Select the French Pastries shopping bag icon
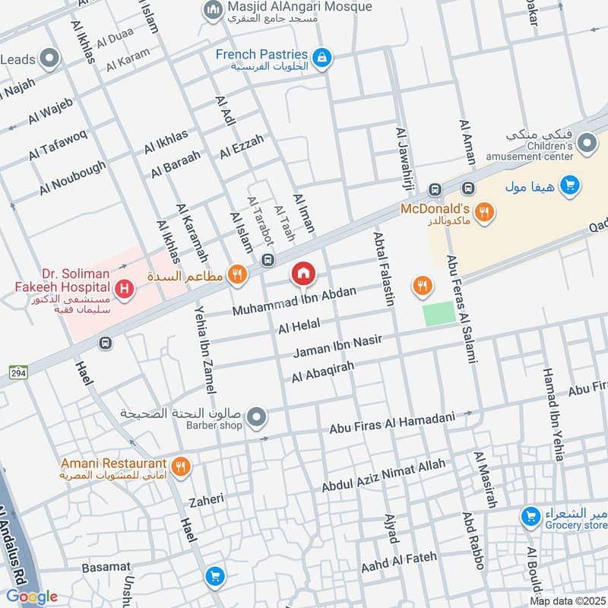(322, 57)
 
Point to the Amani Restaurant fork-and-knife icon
(180, 466)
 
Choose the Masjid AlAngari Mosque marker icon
(212, 9)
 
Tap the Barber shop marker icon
(257, 416)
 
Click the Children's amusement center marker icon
(586, 142)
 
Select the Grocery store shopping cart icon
(530, 517)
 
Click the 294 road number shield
(17, 372)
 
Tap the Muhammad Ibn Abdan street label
(293, 302)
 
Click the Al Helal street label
(299, 326)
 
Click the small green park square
(439, 314)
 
